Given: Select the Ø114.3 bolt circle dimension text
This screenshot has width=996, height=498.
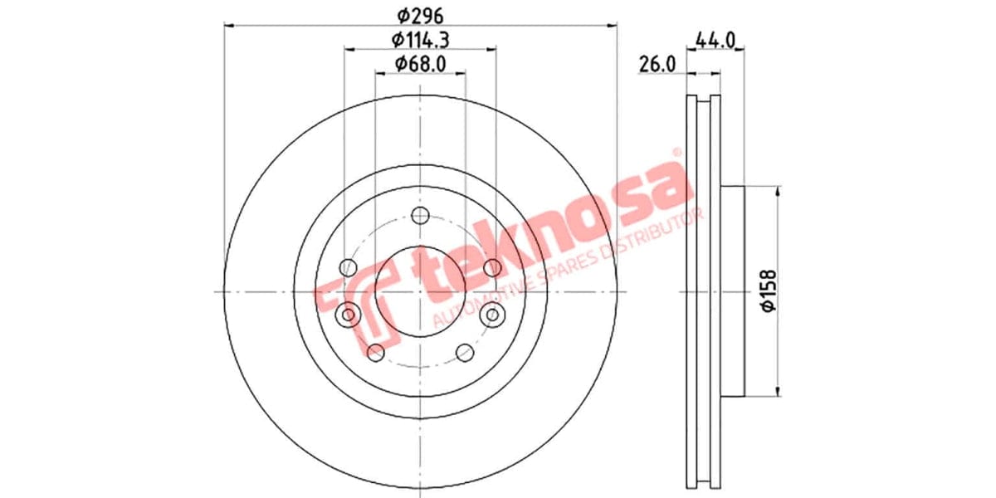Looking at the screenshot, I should tap(421, 39).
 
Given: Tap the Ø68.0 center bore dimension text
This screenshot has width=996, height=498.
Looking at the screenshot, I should tap(419, 63).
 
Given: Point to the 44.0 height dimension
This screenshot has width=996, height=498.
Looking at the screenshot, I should tap(716, 39).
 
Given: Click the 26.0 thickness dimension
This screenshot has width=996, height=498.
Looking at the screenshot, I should tap(657, 63).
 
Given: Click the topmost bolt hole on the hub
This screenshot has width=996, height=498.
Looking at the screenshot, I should tap(421, 216).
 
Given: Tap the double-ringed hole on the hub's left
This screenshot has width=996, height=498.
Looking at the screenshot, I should tap(349, 315).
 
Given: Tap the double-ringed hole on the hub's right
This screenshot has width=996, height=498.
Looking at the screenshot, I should tap(493, 315).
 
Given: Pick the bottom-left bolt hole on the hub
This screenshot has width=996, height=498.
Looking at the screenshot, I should tap(376, 353).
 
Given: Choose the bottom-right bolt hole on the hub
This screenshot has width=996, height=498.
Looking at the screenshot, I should tap(465, 353).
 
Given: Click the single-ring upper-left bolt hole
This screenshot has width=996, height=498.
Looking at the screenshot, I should tap(349, 267).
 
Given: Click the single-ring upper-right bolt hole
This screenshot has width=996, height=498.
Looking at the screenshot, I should tap(492, 267).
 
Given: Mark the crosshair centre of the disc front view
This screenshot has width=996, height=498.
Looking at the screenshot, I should tap(421, 291).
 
